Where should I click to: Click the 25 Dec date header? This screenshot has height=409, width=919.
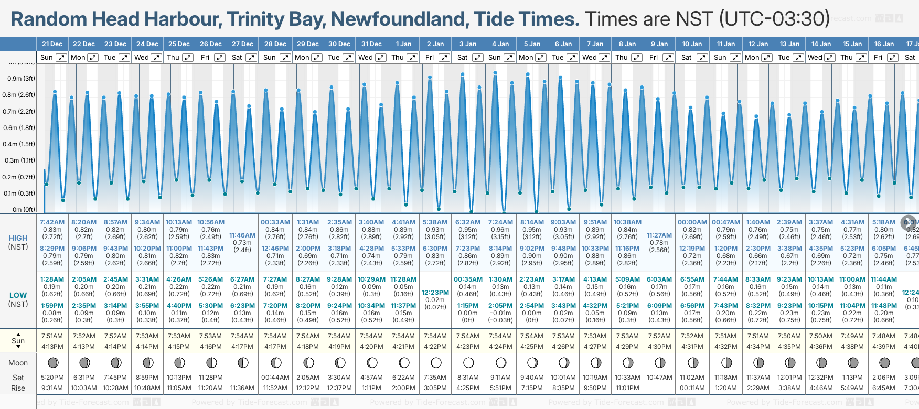click(x=179, y=44)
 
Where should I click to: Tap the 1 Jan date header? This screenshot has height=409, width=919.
click(x=403, y=44)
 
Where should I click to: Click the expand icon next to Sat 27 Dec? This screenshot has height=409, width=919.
click(x=251, y=58)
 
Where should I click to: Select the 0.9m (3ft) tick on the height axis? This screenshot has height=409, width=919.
click(x=22, y=79)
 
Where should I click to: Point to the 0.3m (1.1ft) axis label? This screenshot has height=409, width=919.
click(x=20, y=160)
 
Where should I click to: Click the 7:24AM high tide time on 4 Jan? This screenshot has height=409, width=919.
click(x=500, y=222)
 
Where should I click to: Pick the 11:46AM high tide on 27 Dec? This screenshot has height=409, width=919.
click(x=242, y=235)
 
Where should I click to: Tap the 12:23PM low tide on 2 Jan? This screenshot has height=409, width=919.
click(x=435, y=293)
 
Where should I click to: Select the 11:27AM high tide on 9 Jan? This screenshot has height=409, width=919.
click(x=659, y=235)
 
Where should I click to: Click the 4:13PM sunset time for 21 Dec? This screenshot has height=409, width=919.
click(x=52, y=347)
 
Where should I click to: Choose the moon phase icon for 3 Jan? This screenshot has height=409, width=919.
click(x=468, y=362)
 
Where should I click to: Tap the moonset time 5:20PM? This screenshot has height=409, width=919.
click(x=52, y=378)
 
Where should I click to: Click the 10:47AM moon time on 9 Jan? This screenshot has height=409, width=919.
click(x=659, y=378)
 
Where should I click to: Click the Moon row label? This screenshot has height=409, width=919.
click(x=18, y=363)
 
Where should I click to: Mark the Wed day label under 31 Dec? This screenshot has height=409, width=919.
click(x=366, y=58)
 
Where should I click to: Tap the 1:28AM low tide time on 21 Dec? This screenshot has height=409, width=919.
click(x=52, y=279)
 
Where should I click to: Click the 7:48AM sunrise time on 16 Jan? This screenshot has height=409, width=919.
click(x=884, y=336)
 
